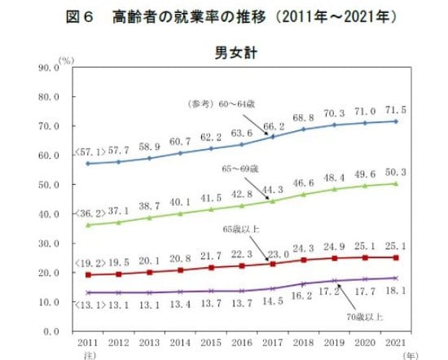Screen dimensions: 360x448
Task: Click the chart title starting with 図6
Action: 223,17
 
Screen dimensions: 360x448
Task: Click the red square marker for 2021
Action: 396,257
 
